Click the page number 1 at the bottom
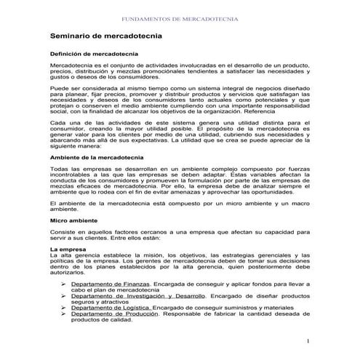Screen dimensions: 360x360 (x=308, y=341)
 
